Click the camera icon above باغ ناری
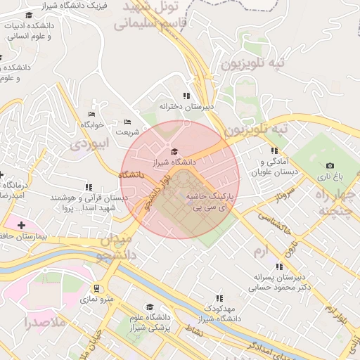(330, 166)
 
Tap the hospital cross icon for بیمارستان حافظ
(21, 225)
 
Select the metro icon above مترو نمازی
(96, 288)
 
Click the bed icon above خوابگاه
(91, 114)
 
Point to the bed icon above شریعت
(127, 121)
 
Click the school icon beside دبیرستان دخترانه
(186, 96)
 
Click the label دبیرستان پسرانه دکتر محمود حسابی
(279, 283)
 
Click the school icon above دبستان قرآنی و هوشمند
(89, 187)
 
